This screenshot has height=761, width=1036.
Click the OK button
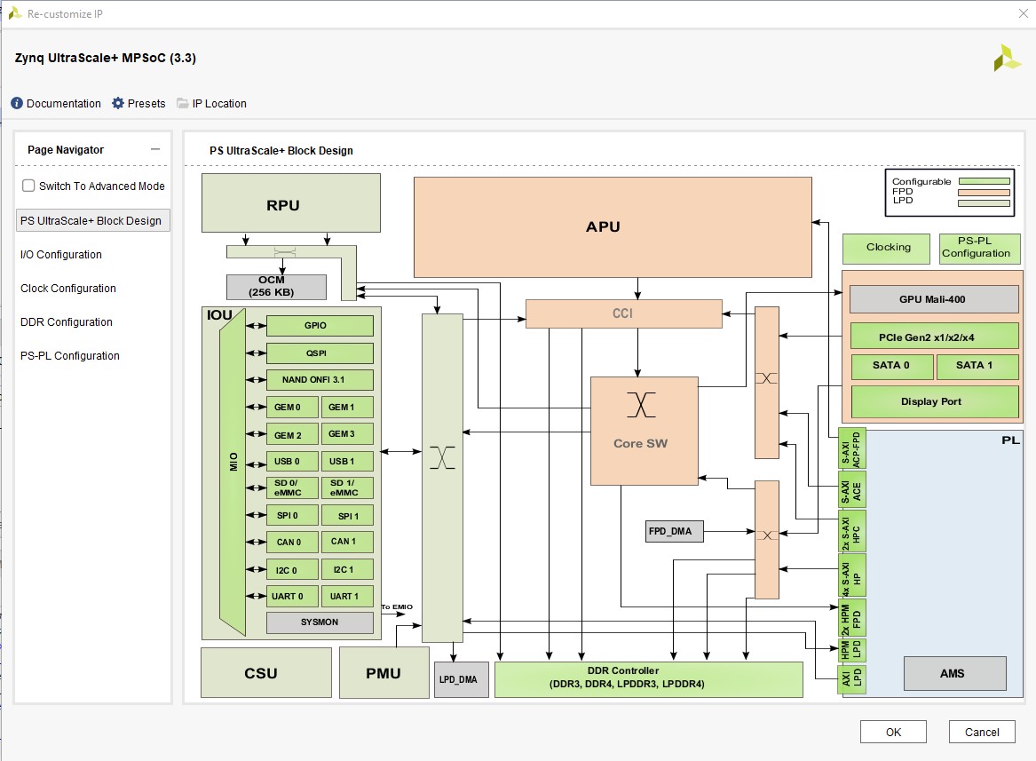pyautogui.click(x=893, y=732)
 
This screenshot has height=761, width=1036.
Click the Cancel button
pyautogui.click(x=981, y=732)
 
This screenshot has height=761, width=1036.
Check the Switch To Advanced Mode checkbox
pyautogui.click(x=28, y=186)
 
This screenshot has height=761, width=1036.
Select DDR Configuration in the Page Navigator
pyautogui.click(x=67, y=321)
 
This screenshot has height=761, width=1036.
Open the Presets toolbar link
pyautogui.click(x=138, y=103)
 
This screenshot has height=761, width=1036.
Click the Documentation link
pyautogui.click(x=56, y=103)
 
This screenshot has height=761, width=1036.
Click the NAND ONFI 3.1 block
pyautogui.click(x=320, y=380)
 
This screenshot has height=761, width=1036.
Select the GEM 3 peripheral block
pyautogui.click(x=346, y=434)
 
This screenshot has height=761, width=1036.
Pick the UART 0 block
pyautogui.click(x=292, y=596)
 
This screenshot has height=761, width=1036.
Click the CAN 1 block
pyautogui.click(x=346, y=542)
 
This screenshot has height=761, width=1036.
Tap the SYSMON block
pyautogui.click(x=320, y=622)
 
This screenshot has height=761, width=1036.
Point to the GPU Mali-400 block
pyautogui.click(x=933, y=299)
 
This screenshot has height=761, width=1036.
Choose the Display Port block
pyautogui.click(x=933, y=401)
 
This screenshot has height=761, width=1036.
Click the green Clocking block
pyautogui.click(x=888, y=248)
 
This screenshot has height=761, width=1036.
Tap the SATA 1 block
pyautogui.click(x=975, y=365)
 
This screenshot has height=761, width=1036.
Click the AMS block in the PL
pyautogui.click(x=954, y=673)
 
